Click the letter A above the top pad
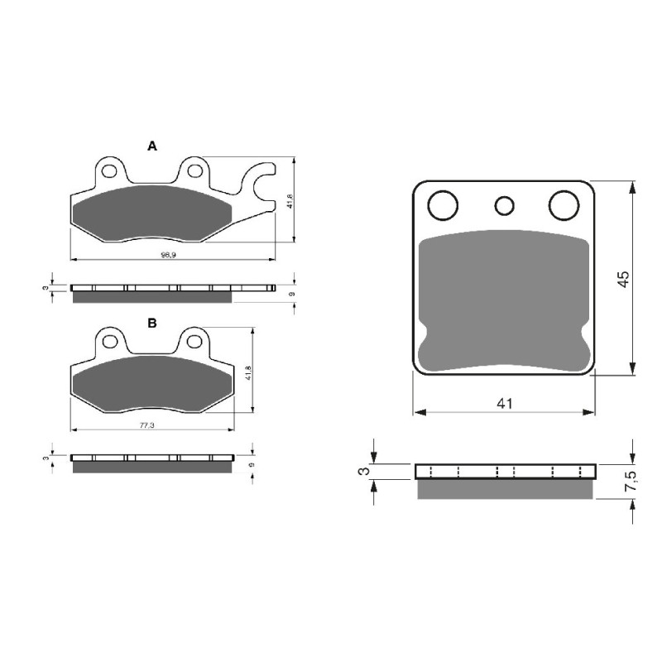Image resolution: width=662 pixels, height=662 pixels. click(151, 146)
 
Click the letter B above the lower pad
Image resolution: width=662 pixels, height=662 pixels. click(151, 324)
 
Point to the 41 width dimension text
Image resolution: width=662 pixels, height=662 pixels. click(505, 404)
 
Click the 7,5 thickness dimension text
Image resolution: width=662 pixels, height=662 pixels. click(631, 482)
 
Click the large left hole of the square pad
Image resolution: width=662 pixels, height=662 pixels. click(444, 204)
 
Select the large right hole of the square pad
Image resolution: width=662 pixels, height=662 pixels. click(564, 204)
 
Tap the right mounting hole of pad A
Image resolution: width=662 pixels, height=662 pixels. click(194, 171)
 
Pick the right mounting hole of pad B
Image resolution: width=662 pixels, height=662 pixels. click(194, 341)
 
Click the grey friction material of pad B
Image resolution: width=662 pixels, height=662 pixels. click(153, 384)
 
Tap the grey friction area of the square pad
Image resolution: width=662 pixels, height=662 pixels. click(504, 298)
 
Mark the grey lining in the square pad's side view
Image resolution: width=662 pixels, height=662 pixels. click(504, 489)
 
